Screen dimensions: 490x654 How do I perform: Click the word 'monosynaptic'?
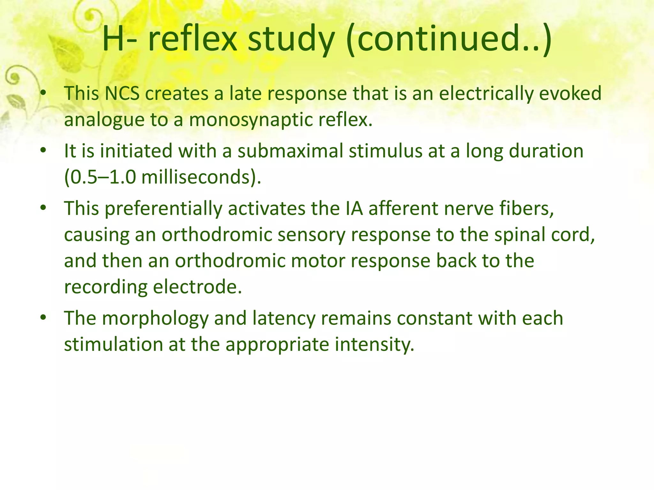[251, 120]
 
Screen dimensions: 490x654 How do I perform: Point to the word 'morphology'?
[155, 318]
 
